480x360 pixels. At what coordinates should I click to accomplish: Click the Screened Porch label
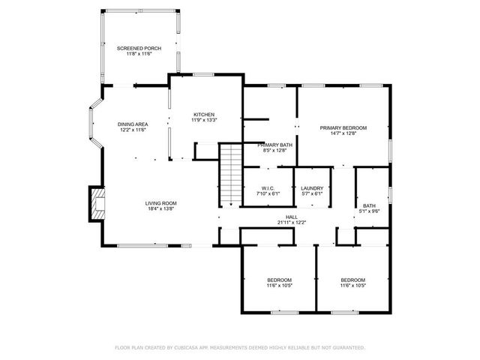pos(139,48)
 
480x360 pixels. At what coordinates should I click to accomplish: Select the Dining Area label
pos(132,124)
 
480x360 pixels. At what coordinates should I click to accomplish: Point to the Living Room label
pos(160,202)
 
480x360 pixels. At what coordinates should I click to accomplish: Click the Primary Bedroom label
pos(343,127)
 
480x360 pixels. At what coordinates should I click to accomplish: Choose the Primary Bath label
pos(275,145)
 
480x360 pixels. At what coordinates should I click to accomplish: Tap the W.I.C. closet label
pos(268,187)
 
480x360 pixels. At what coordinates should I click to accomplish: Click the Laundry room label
pos(311,187)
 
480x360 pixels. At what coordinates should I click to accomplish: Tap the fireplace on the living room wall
pos(96,203)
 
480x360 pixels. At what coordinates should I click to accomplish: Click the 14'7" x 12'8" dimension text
pos(343,133)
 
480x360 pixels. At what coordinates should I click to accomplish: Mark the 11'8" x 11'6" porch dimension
pos(139,54)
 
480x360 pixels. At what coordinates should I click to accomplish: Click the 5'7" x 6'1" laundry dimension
pos(311,193)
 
